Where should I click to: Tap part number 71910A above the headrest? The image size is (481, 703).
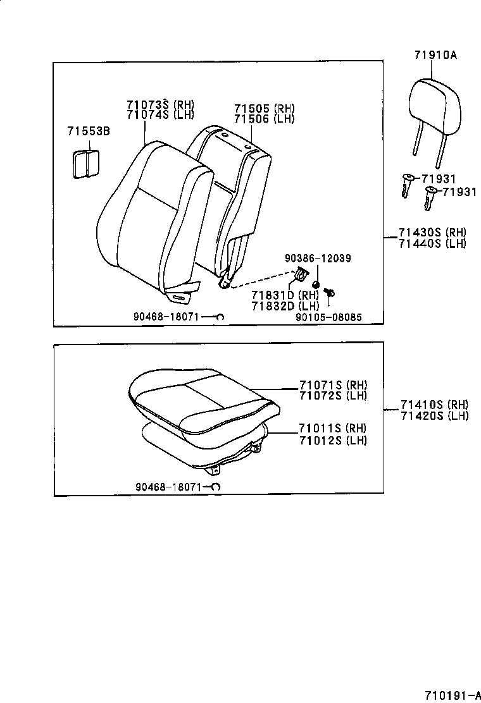pyautogui.click(x=435, y=55)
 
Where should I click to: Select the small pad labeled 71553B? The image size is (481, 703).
pyautogui.click(x=85, y=164)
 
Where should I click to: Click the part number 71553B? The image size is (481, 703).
pyautogui.click(x=89, y=131)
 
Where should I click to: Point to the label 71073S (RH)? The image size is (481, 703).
pyautogui.click(x=160, y=105)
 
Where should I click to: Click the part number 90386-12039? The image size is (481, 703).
pyautogui.click(x=318, y=259)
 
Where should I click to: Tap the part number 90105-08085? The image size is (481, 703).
pyautogui.click(x=328, y=317)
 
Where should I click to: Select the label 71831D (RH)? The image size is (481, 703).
pyautogui.click(x=284, y=295)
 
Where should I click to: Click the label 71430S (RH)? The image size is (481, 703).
pyautogui.click(x=432, y=233)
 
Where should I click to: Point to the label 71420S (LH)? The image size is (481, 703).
pyautogui.click(x=434, y=415)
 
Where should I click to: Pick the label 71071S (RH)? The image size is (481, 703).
pyautogui.click(x=333, y=385)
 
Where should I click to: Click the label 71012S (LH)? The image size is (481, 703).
pyautogui.click(x=333, y=440)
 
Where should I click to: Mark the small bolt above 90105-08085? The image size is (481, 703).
pyautogui.click(x=328, y=292)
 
